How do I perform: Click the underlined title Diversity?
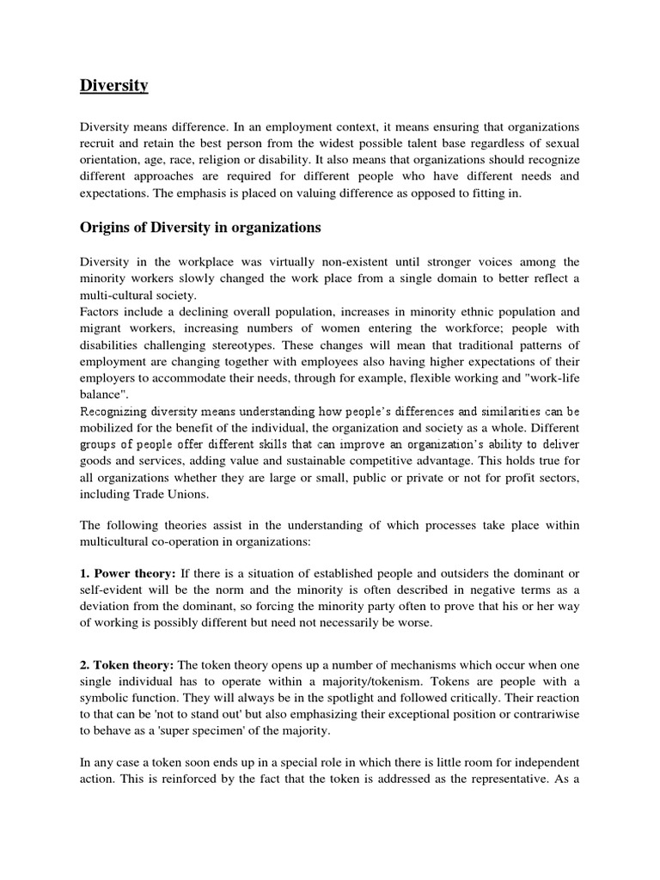(x=114, y=85)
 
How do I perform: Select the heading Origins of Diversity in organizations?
(x=200, y=228)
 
